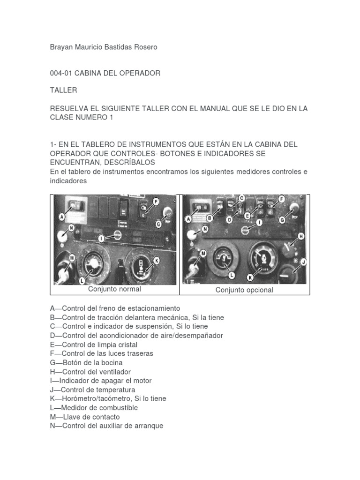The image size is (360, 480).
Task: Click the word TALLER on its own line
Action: click(x=63, y=90)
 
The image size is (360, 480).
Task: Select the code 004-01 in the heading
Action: click(x=61, y=73)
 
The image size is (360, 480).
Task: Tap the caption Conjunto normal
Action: click(x=114, y=289)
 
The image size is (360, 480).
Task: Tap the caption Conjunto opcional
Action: click(x=244, y=290)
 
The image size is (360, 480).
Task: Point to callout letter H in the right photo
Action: click(x=301, y=236)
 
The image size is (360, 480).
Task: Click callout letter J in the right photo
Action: click(x=303, y=262)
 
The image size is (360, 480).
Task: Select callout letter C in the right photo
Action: click(x=242, y=198)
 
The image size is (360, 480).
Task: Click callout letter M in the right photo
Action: click(x=203, y=254)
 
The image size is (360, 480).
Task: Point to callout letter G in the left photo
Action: click(x=159, y=224)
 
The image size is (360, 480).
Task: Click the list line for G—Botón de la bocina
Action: click(x=86, y=363)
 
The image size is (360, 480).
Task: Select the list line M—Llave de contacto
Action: click(x=85, y=417)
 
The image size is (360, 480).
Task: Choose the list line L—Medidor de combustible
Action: click(x=94, y=408)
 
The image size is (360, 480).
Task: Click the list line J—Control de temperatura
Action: click(x=92, y=390)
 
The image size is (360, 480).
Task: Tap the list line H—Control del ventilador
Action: click(x=90, y=372)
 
